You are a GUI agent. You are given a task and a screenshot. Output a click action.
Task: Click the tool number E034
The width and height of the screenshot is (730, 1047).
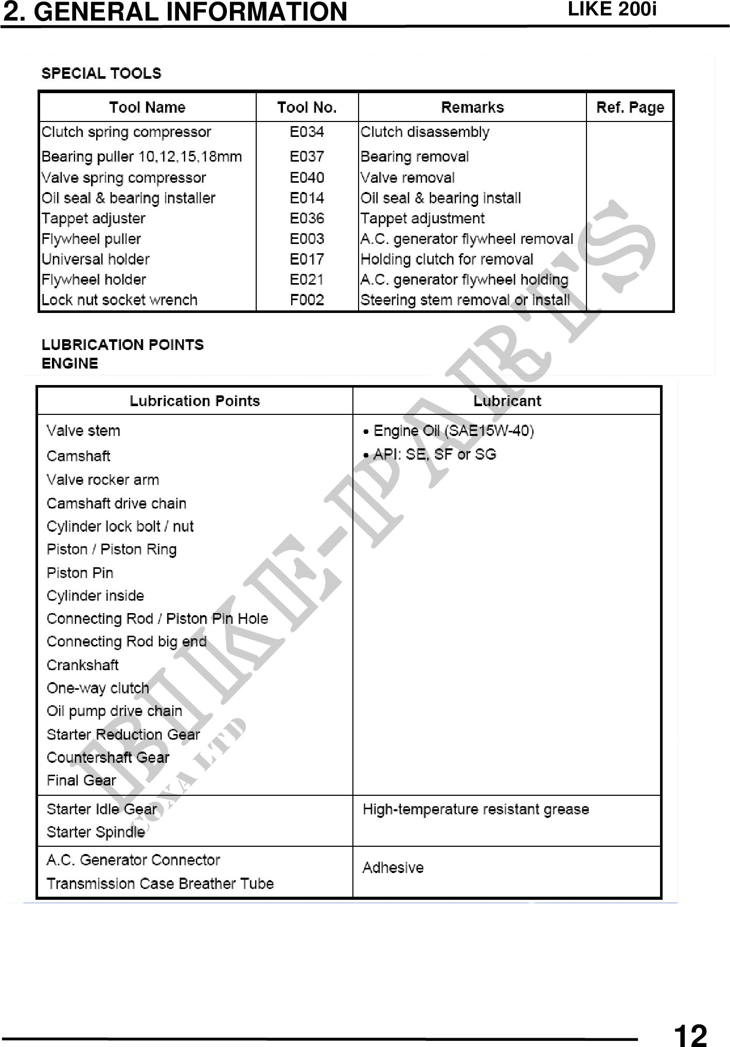307,132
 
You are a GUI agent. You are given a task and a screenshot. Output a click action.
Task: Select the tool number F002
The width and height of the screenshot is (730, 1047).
307,300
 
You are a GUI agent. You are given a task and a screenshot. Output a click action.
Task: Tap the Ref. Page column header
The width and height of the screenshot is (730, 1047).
630,107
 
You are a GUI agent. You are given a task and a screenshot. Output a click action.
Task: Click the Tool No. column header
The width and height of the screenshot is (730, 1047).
307,107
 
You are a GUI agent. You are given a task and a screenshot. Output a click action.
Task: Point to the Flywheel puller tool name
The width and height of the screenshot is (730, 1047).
91,239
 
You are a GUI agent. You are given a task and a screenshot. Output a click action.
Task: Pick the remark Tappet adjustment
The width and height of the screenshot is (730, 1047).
422,218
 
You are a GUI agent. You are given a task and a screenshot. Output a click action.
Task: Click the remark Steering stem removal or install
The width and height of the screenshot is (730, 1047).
465,300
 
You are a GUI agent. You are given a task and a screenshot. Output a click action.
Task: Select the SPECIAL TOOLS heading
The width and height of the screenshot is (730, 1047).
101,73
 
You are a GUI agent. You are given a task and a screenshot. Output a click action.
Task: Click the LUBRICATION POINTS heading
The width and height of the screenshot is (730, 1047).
122,344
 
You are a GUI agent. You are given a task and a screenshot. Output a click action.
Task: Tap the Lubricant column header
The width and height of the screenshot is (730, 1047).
507,401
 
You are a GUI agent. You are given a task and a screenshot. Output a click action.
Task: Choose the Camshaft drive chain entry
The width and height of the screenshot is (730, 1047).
116,503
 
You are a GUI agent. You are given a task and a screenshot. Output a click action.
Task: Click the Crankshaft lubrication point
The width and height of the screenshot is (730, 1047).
82,665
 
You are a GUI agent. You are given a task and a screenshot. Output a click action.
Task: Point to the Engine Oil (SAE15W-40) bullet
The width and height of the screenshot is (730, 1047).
453,430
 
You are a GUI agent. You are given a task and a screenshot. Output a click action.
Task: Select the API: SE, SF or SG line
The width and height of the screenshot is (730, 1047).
434,454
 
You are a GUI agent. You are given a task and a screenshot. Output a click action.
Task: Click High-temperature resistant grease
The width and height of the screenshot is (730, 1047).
475,809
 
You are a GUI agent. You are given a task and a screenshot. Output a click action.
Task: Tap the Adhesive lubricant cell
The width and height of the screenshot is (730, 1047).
393,867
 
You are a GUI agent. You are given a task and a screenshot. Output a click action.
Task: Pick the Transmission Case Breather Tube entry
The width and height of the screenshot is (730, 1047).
160,883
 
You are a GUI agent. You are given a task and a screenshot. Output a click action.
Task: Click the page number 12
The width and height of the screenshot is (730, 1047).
690,1034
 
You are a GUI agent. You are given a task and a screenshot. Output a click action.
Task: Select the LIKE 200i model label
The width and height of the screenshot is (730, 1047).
612,9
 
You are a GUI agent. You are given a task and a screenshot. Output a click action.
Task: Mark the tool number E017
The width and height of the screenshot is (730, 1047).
307,259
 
